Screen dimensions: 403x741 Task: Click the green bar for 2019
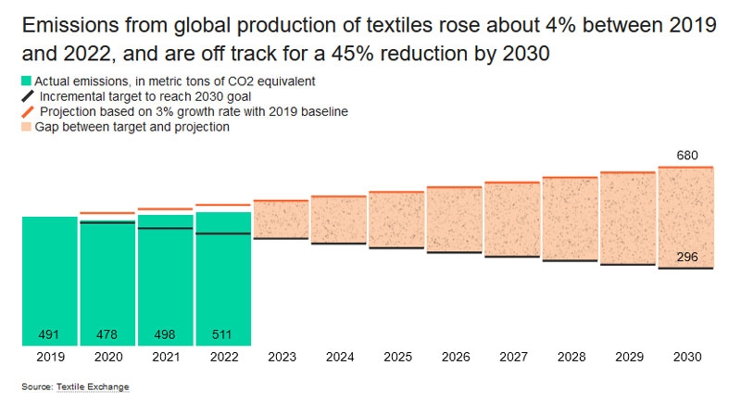[x=49, y=278]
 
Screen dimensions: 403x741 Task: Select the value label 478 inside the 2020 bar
[x=107, y=334]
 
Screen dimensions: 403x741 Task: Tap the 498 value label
[x=165, y=334]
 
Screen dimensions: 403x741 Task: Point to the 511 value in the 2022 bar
[x=222, y=334]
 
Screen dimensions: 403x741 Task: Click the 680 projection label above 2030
[x=686, y=156]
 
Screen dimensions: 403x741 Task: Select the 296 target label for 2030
[x=686, y=257]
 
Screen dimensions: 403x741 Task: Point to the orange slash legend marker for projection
[x=26, y=112]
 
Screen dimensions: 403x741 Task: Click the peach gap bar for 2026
[x=454, y=220]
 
